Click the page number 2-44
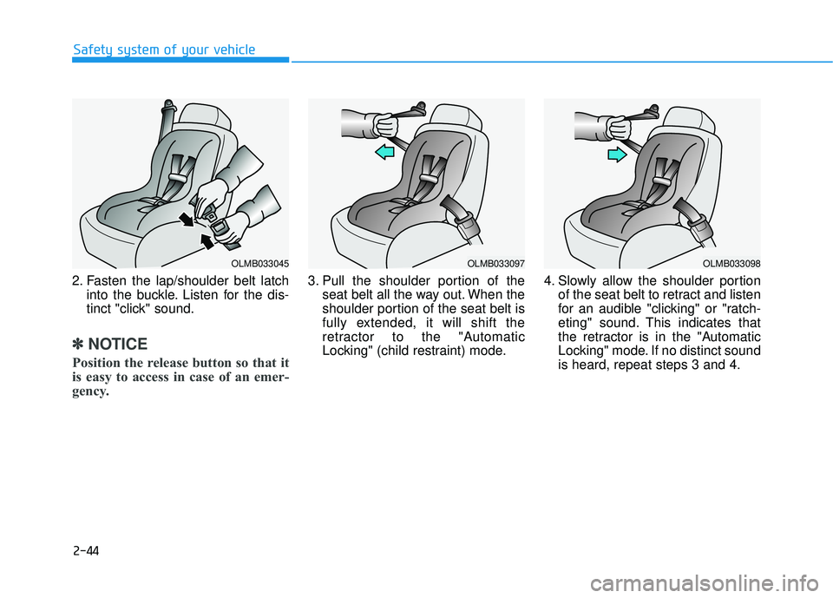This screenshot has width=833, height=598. click(x=86, y=549)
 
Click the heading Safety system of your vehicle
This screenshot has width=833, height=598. click(x=164, y=49)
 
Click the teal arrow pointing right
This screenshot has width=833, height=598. click(x=616, y=154)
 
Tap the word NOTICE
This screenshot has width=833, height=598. click(x=117, y=344)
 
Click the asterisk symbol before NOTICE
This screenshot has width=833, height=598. click(x=78, y=344)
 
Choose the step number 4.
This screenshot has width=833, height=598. click(x=548, y=281)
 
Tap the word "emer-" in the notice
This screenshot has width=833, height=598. click(x=266, y=377)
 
